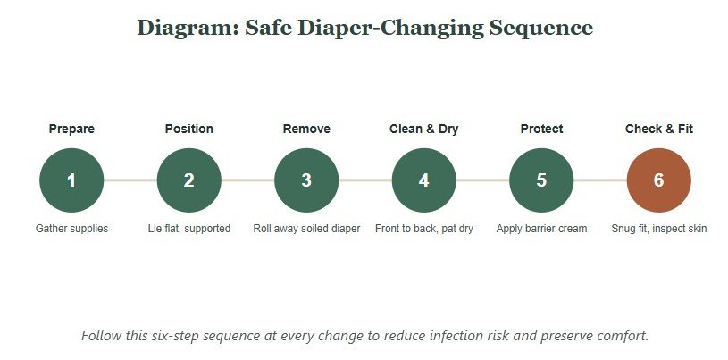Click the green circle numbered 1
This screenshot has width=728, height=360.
pos(71,180)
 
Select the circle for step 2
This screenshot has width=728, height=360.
pos(189,180)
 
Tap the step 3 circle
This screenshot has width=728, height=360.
pos(306,180)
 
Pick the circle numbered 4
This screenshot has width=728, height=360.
pos(424,180)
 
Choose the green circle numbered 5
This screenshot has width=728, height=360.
pos(541,180)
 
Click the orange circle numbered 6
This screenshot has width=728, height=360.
pos(659,180)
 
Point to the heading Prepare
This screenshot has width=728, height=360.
pos(71,130)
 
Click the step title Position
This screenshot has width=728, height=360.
pos(189,129)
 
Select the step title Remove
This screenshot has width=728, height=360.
pos(306,129)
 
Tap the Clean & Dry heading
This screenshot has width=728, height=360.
pos(424,130)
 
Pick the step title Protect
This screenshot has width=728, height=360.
pos(541,129)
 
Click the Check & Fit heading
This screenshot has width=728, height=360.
pos(659,129)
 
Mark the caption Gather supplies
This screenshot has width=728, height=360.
pos(71,229)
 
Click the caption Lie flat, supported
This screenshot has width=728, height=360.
pos(189,229)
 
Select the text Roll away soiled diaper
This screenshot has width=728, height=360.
pos(306,229)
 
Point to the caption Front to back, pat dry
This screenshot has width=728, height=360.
pos(424,229)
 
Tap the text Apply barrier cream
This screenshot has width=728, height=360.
pos(541,229)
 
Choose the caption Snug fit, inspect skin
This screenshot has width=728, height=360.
pos(659,229)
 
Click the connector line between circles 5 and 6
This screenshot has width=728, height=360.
pos(600,180)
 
